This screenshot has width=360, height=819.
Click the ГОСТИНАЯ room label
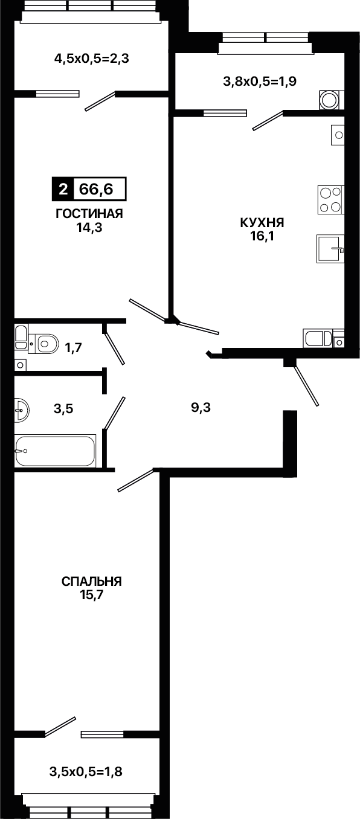89,214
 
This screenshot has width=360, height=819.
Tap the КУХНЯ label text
262,222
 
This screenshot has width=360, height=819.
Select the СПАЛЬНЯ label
91,581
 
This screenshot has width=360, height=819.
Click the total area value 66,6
97,189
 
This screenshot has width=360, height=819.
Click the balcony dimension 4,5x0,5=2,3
91,58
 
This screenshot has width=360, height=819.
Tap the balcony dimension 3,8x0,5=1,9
260,81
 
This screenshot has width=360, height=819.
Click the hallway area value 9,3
201,407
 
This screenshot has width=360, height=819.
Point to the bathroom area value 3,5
63,409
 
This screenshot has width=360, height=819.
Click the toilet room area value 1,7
74,347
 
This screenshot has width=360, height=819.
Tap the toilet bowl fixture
44,343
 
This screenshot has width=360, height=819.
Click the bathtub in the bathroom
55,451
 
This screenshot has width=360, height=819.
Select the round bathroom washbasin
22,410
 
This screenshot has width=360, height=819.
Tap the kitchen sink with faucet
330,249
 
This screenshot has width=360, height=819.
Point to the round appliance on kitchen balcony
332,100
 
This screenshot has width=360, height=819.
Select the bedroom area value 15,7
91,595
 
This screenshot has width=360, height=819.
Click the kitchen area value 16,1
262,236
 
